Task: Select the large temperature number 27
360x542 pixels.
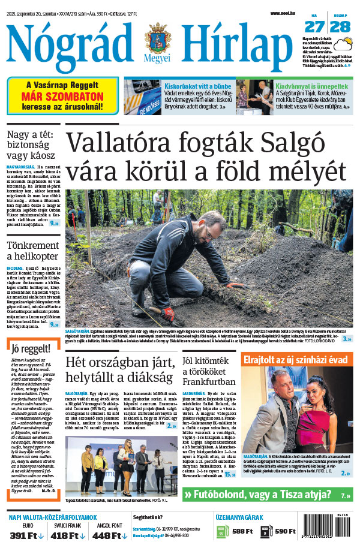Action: (x=314, y=26)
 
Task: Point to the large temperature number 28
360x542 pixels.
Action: (x=340, y=26)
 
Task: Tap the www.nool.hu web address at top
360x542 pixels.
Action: (x=283, y=13)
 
